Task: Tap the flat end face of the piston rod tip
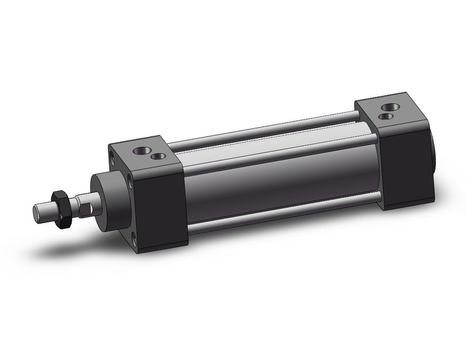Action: pos(36,212)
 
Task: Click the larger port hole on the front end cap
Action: pos(142,148)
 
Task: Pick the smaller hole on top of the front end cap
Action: pos(159,156)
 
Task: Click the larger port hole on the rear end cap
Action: pos(388,107)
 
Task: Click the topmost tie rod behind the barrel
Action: pos(264,132)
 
